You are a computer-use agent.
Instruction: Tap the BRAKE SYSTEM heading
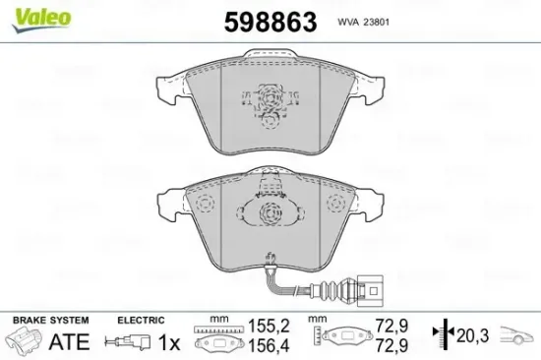tap(48, 320)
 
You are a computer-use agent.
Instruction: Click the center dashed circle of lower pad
tap(268, 218)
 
